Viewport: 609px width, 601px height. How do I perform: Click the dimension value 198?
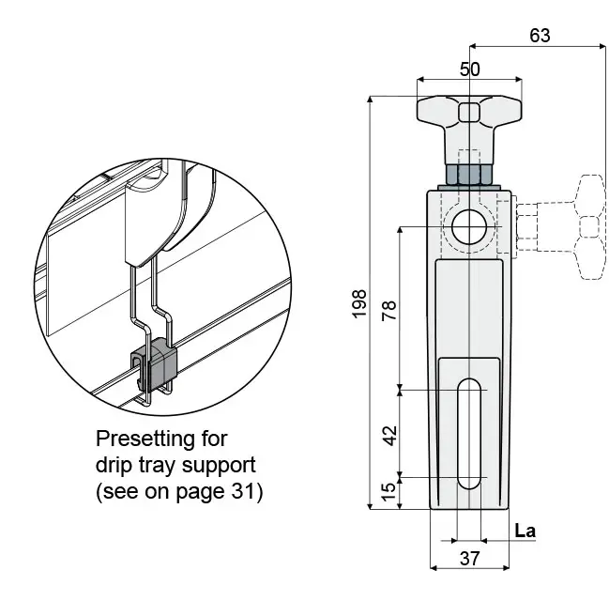coord(359,304)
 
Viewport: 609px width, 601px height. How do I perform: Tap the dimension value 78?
coord(389,310)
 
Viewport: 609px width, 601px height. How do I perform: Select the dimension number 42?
coord(390,436)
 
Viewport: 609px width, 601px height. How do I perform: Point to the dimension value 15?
coord(388,492)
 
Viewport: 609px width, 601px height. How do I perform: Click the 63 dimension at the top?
coord(540,36)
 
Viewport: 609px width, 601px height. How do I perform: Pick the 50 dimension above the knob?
coord(469,69)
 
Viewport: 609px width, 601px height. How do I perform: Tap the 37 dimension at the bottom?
coord(469,559)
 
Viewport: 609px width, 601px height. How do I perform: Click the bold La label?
coord(525,531)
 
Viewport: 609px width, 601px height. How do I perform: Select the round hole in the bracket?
coord(469,226)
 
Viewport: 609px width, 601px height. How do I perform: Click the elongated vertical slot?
coord(469,433)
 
